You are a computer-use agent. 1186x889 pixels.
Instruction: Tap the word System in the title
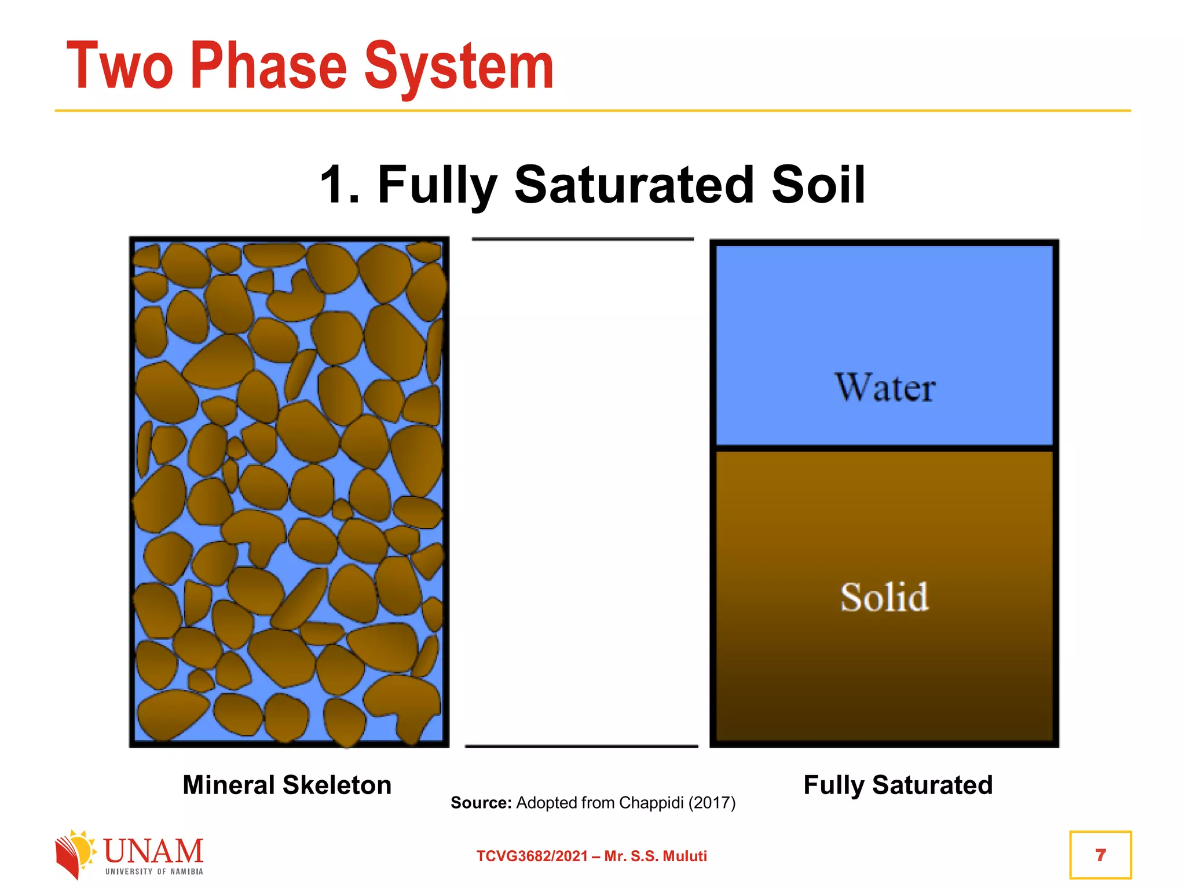click(x=459, y=68)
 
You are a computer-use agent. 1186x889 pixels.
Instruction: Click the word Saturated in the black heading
click(x=635, y=185)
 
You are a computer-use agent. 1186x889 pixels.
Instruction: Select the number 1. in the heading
click(x=341, y=185)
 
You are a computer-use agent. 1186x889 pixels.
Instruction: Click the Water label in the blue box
click(x=884, y=387)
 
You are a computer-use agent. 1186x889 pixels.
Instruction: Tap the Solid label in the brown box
click(x=884, y=597)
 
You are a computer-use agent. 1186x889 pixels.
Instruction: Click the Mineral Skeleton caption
click(x=287, y=785)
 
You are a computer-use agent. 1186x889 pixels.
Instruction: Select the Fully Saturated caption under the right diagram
click(x=898, y=785)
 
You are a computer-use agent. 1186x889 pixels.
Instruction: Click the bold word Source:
click(x=481, y=803)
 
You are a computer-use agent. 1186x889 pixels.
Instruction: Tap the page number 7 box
click(x=1100, y=855)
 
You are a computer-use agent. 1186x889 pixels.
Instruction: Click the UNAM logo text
click(x=153, y=851)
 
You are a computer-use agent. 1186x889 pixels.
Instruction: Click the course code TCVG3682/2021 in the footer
click(x=532, y=856)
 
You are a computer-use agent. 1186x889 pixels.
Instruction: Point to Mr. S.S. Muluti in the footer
click(x=656, y=856)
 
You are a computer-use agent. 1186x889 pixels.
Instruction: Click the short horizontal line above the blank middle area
click(x=583, y=238)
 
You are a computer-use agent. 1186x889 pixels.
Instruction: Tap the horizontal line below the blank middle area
click(x=581, y=746)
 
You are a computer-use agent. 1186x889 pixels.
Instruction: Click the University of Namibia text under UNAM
click(x=154, y=872)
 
